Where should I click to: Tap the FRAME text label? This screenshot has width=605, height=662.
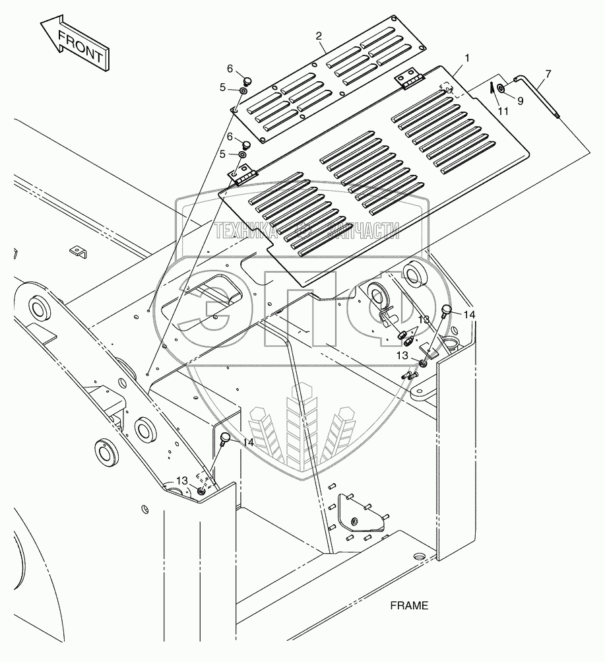pyautogui.click(x=409, y=605)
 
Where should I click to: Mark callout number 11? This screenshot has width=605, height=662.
pyautogui.click(x=503, y=112)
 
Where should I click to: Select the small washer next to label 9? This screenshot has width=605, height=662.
pyautogui.click(x=502, y=88)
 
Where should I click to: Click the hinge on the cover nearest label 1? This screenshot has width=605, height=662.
pyautogui.click(x=408, y=81)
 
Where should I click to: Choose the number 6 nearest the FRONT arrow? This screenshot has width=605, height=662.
pyautogui.click(x=230, y=69)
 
